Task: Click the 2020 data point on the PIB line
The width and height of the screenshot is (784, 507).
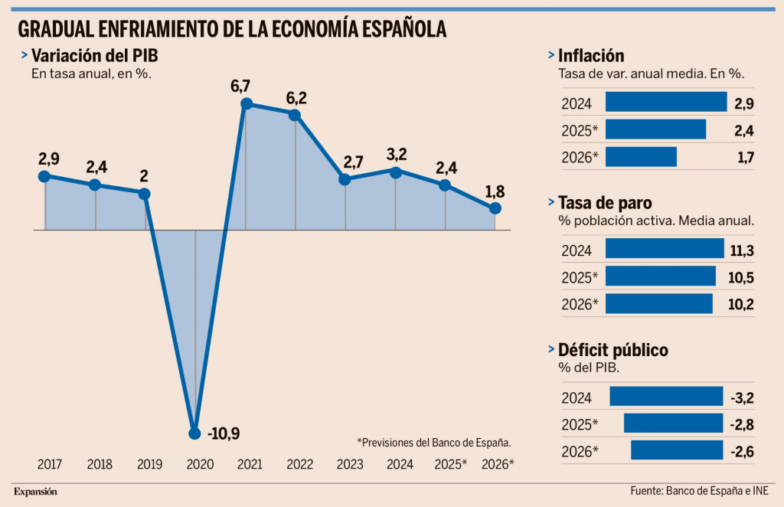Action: click(x=195, y=433)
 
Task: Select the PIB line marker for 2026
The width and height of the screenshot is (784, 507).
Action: click(x=495, y=208)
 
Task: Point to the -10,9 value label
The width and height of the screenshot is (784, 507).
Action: click(x=224, y=434)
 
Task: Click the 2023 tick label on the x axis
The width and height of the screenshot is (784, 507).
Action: click(x=350, y=464)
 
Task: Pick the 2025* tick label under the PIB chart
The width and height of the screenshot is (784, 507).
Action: click(x=450, y=464)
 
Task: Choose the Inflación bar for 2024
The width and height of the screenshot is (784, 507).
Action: click(x=665, y=102)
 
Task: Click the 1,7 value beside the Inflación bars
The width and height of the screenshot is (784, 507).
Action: click(x=744, y=158)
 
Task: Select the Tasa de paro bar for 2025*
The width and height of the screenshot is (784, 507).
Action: click(x=660, y=276)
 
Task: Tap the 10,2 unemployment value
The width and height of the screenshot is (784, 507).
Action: click(x=742, y=305)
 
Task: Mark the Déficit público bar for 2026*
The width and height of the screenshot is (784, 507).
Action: click(x=677, y=450)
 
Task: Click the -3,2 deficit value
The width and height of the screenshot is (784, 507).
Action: click(x=742, y=397)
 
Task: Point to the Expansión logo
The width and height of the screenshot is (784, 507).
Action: click(x=35, y=491)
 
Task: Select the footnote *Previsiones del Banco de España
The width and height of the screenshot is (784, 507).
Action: click(x=433, y=442)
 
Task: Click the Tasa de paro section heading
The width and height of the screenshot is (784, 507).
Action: click(x=605, y=203)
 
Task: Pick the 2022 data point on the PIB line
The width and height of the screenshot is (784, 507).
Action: click(x=296, y=115)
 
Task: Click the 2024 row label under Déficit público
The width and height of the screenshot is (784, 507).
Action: click(x=576, y=397)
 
